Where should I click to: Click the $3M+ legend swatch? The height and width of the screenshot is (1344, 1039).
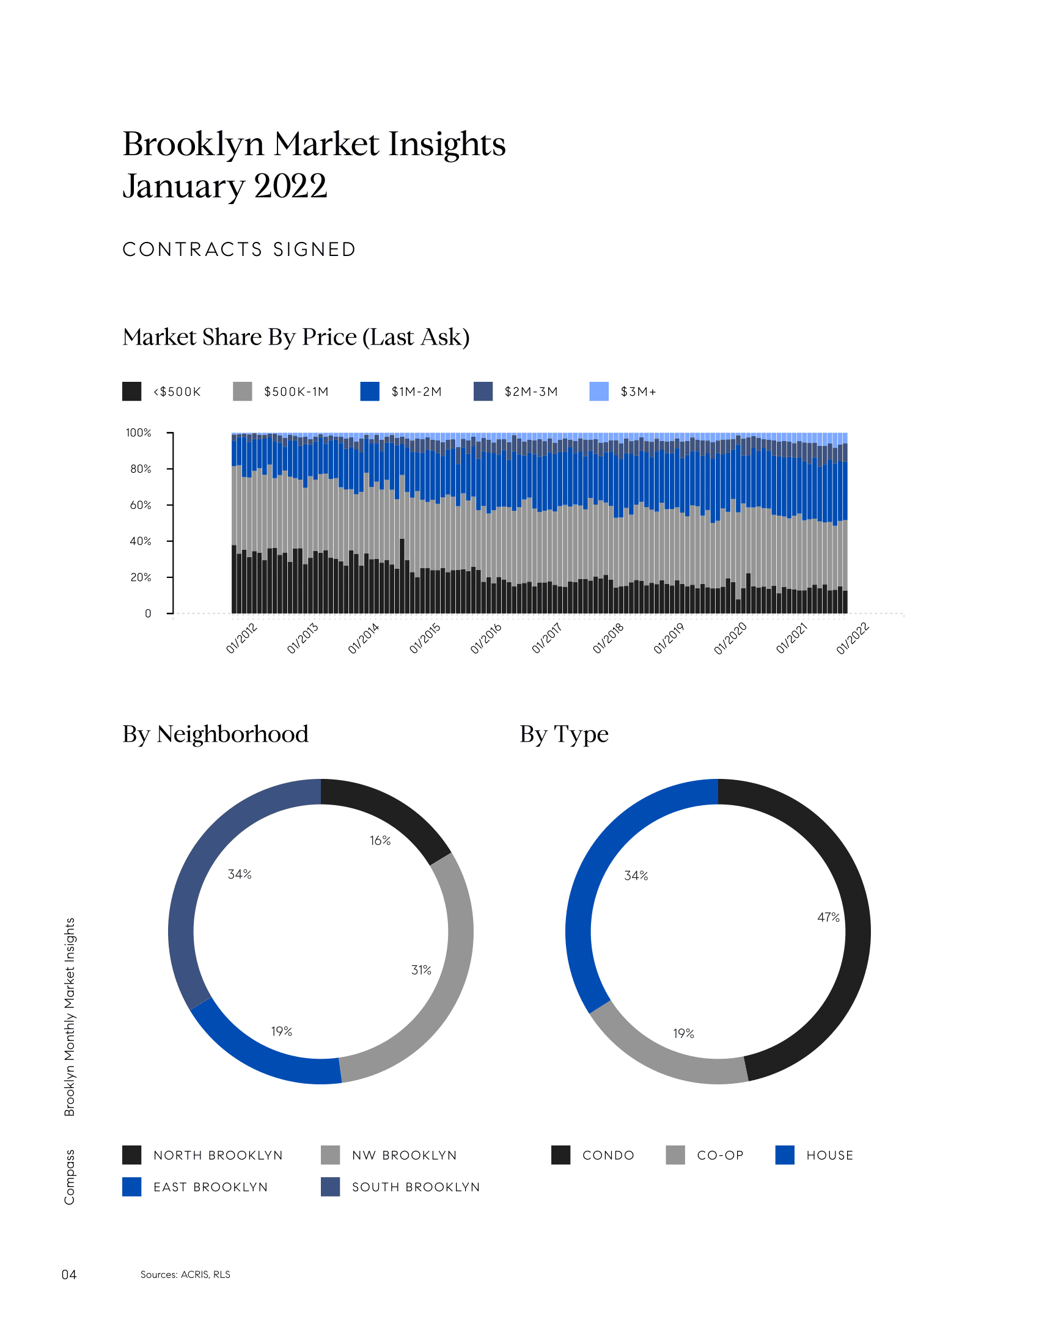coord(598,392)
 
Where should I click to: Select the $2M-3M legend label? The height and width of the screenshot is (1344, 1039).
coord(531,392)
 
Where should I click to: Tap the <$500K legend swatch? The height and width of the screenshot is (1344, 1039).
coord(132,392)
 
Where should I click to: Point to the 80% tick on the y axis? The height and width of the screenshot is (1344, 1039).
coord(141,469)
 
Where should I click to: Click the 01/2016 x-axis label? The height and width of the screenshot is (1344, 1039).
coord(486,638)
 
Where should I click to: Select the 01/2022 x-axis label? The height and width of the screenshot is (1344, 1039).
coord(853,638)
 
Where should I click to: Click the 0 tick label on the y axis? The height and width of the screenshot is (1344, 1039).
coord(148,613)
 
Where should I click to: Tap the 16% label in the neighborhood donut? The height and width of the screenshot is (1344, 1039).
coord(380,841)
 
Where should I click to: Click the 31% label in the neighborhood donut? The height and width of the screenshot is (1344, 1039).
coord(421,970)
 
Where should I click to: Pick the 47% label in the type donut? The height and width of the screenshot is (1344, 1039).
coord(828,918)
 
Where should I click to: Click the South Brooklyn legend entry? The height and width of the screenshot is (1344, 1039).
coord(416,1187)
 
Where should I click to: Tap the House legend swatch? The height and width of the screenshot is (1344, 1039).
coord(785,1155)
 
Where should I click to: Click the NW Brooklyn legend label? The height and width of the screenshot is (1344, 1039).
coord(404,1155)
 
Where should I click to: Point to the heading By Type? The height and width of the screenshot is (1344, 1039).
coord(564,734)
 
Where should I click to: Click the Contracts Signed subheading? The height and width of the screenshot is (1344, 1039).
coord(240,249)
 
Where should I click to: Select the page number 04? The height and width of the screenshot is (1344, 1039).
coord(69,1274)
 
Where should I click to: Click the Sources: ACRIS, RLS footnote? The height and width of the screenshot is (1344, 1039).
coord(185,1274)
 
